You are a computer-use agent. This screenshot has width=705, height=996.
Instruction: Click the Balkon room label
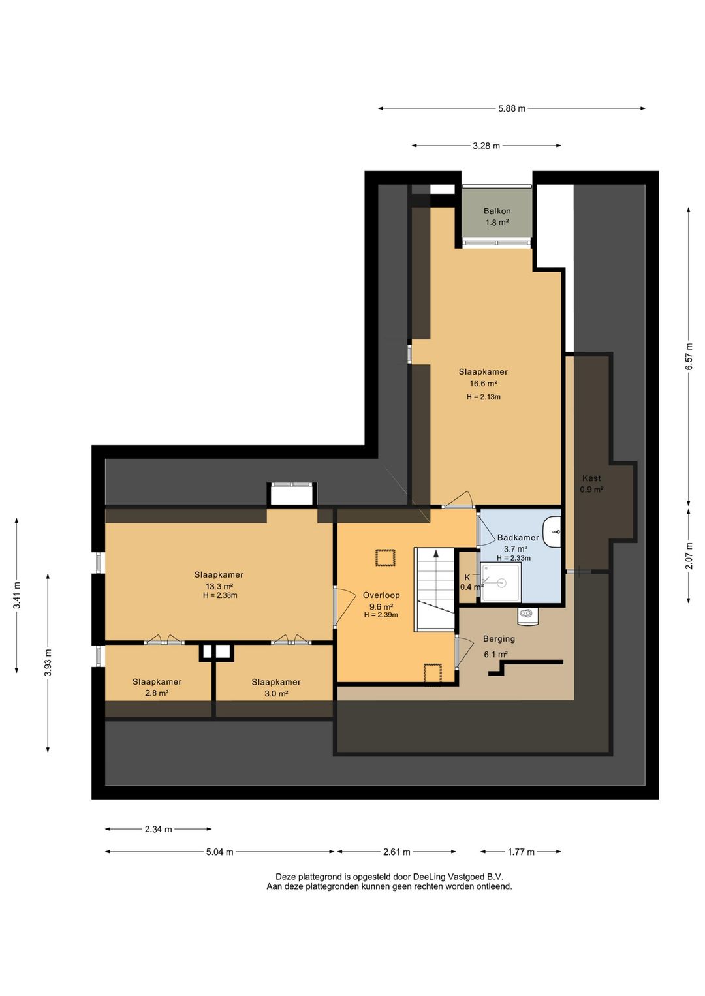(x=497, y=211)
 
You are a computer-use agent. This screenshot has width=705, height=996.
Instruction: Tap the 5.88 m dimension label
(x=512, y=108)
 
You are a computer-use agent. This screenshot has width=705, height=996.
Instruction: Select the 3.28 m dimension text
(x=486, y=146)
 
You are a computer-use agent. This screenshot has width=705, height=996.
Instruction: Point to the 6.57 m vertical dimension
(x=689, y=356)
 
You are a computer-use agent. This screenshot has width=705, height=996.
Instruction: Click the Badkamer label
(x=518, y=538)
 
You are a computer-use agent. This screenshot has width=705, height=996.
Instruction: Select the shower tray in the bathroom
(x=501, y=582)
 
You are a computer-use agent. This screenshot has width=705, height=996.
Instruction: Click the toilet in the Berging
(x=528, y=615)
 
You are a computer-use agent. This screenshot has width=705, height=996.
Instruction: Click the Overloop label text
(x=381, y=595)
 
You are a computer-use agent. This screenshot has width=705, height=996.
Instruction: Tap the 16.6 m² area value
(x=483, y=384)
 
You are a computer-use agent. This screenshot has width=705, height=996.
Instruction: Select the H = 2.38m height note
(x=220, y=595)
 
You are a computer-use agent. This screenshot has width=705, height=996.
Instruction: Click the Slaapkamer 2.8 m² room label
(x=157, y=687)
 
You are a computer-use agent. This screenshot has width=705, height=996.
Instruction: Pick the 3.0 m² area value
(x=275, y=693)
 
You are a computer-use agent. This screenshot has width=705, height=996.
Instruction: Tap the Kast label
(x=591, y=478)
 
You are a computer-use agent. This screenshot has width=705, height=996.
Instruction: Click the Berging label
(x=499, y=639)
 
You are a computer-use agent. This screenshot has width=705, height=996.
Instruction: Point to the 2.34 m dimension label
(x=158, y=830)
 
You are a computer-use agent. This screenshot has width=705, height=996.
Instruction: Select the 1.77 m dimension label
(x=521, y=852)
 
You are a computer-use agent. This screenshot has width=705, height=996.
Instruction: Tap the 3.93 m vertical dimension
(x=48, y=663)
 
